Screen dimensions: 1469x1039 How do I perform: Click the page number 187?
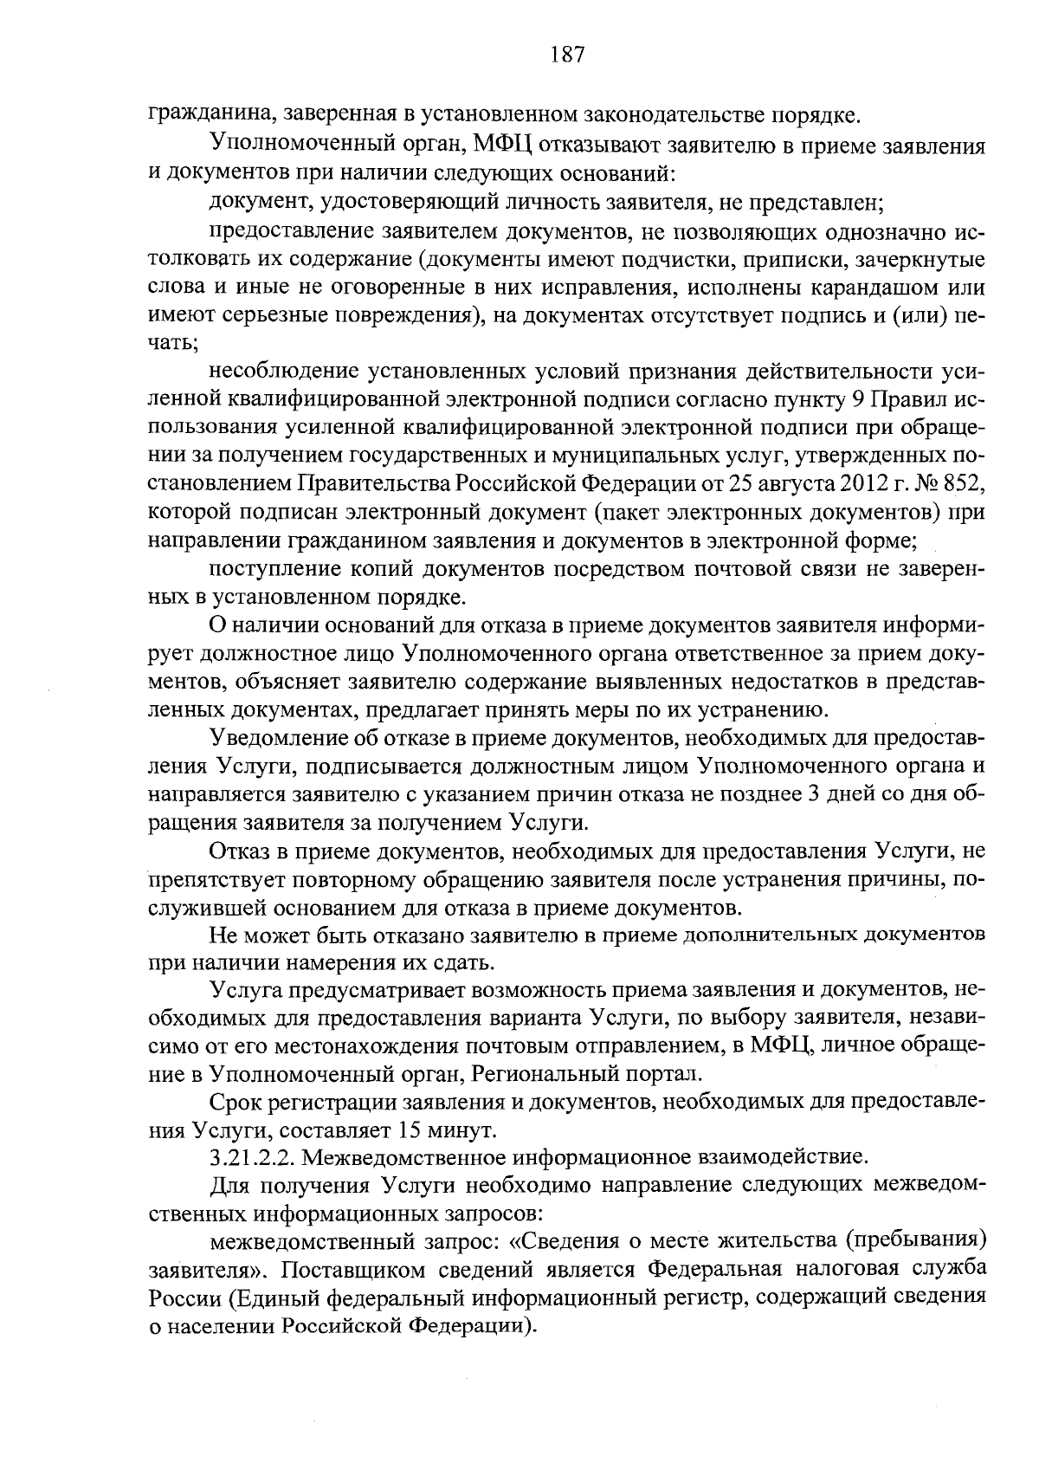click(x=568, y=55)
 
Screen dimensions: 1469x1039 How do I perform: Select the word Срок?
click(x=237, y=1102)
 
